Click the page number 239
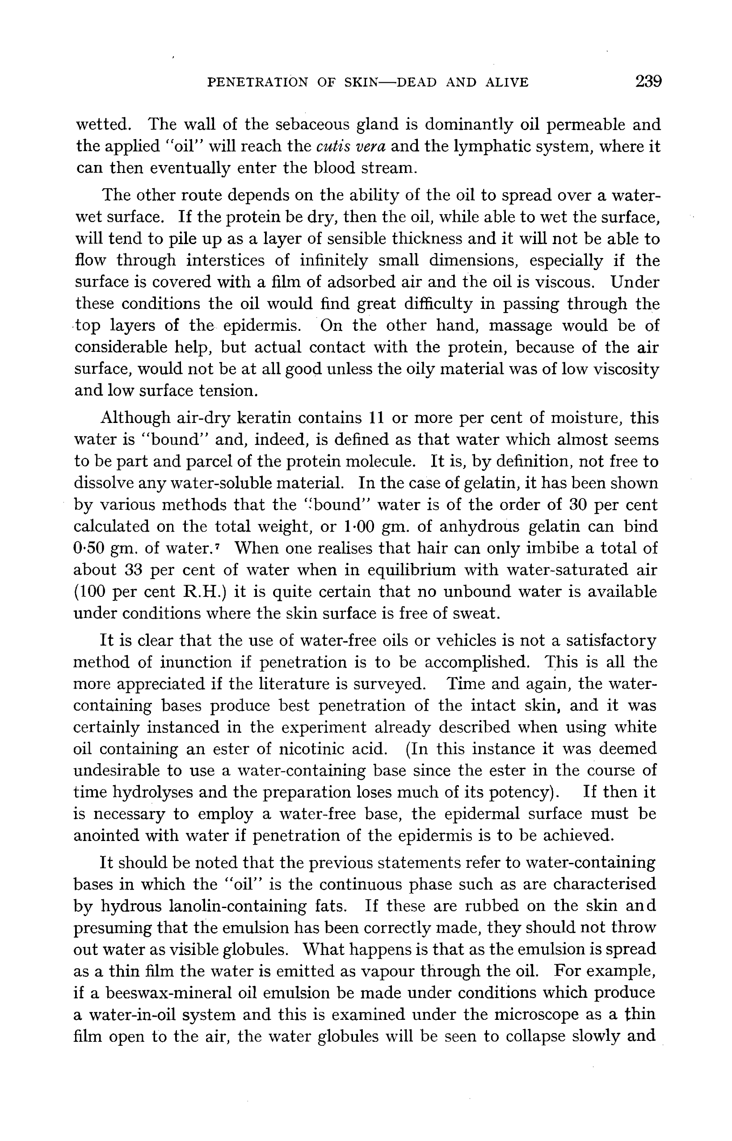coord(648,81)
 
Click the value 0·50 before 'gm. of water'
coord(89,548)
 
